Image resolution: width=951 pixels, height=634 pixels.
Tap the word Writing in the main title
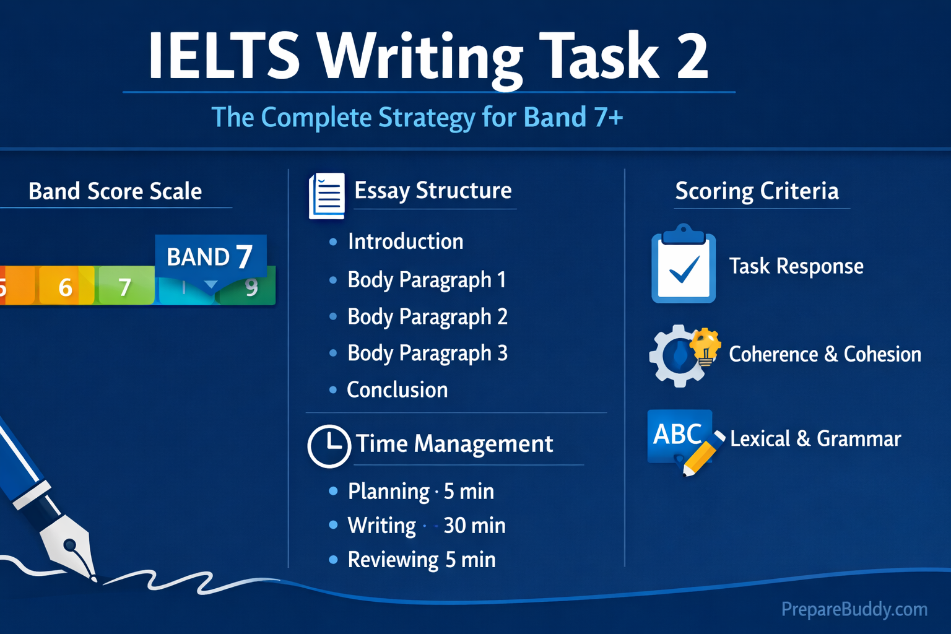[x=421, y=57]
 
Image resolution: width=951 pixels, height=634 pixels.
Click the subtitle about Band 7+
[x=417, y=117]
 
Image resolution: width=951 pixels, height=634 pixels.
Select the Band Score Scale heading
[x=115, y=191]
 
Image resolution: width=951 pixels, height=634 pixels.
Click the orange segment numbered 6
[x=66, y=287]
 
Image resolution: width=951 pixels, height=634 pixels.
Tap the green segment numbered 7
[x=124, y=287]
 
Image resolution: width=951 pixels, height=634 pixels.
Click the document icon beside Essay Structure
[x=327, y=196]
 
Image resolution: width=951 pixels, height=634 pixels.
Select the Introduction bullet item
[x=405, y=241]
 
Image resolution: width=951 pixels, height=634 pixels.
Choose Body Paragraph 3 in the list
[x=427, y=353]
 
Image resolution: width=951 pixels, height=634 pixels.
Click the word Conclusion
[x=397, y=389]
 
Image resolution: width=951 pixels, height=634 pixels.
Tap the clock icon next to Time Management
[x=329, y=445]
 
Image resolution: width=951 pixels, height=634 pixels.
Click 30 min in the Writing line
[x=474, y=526]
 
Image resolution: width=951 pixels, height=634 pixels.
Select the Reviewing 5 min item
[x=421, y=560]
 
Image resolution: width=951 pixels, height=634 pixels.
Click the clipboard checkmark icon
[x=683, y=265]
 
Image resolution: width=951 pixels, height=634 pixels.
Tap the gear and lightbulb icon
[x=684, y=355]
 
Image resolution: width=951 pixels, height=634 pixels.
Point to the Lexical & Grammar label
[x=815, y=438]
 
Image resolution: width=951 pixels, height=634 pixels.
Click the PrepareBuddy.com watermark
[x=854, y=609]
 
